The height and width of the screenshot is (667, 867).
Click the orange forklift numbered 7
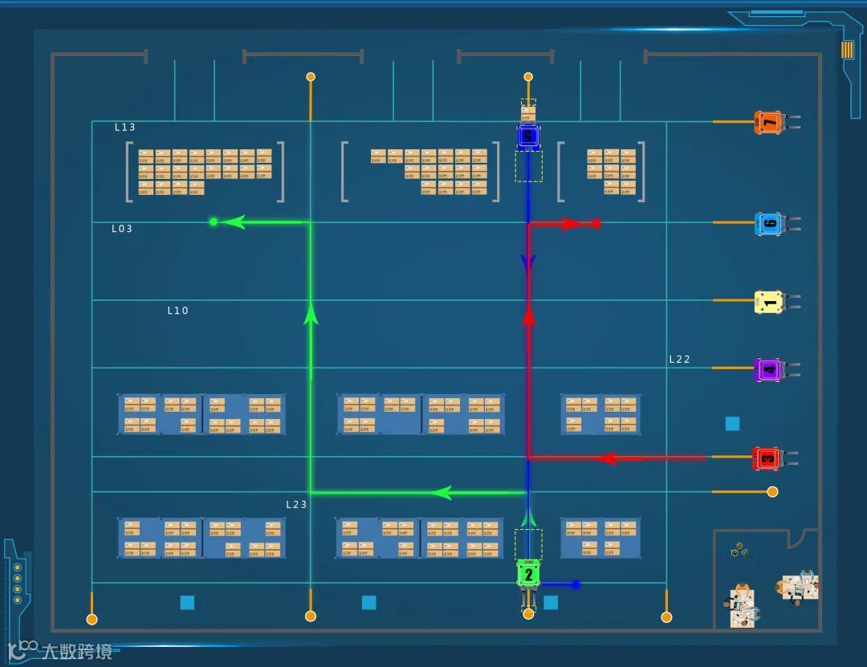pos(769,122)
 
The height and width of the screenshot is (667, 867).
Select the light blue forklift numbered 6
pos(769,224)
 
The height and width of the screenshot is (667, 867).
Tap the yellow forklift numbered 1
pos(769,302)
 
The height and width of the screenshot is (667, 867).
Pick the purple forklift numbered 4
pos(769,369)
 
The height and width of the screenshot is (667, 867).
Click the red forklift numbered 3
pos(767,458)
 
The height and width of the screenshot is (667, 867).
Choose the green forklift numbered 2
pos(528,575)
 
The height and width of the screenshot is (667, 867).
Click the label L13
pos(125,127)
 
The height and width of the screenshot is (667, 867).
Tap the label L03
pos(122,229)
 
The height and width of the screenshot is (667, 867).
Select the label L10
pos(177,311)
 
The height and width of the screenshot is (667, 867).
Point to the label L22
pos(680,360)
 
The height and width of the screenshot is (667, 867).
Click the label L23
pos(297,504)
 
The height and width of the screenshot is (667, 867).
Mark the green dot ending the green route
pos(214,222)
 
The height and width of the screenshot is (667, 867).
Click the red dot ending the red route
pos(596,223)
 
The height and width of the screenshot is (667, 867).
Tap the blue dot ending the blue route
pos(576,584)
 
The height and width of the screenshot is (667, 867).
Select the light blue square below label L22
pos(732,423)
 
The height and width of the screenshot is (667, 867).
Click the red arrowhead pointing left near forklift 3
pos(609,458)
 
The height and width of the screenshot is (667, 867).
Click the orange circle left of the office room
pos(772,491)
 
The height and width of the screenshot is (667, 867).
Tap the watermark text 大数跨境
pos(77,650)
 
